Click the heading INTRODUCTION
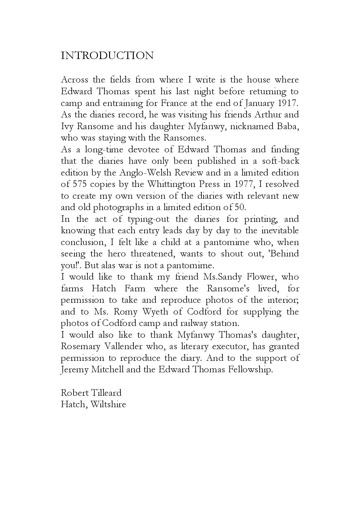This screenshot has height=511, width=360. [107, 56]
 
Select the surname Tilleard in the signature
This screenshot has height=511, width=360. [106, 393]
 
